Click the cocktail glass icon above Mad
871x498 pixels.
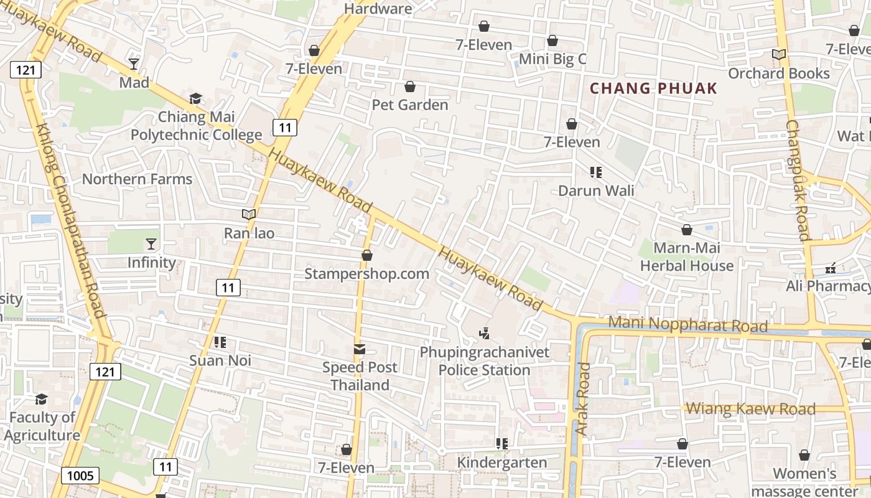tap(134, 63)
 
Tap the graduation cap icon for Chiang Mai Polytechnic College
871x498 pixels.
tap(196, 98)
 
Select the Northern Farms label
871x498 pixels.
tap(137, 179)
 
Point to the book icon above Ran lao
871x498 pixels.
tap(249, 215)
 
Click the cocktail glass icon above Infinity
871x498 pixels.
tap(151, 243)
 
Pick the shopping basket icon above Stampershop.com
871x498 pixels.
tap(367, 255)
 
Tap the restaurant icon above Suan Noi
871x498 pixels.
tap(220, 342)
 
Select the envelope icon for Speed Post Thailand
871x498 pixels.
tap(360, 349)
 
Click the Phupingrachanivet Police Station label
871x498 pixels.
tap(485, 361)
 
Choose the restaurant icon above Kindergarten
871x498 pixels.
tap(502, 444)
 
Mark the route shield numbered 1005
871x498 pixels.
tap(80, 476)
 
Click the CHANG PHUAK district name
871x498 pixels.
tap(653, 88)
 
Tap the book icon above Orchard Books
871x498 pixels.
tap(779, 55)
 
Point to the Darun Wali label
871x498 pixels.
tap(596, 190)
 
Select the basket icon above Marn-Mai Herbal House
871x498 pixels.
tap(687, 230)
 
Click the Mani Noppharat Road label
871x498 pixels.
tap(687, 324)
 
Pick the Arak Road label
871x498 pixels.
tap(582, 398)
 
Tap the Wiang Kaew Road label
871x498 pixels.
tap(751, 409)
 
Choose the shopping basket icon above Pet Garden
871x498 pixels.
tap(410, 87)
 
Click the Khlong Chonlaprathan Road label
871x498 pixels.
tap(70, 221)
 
